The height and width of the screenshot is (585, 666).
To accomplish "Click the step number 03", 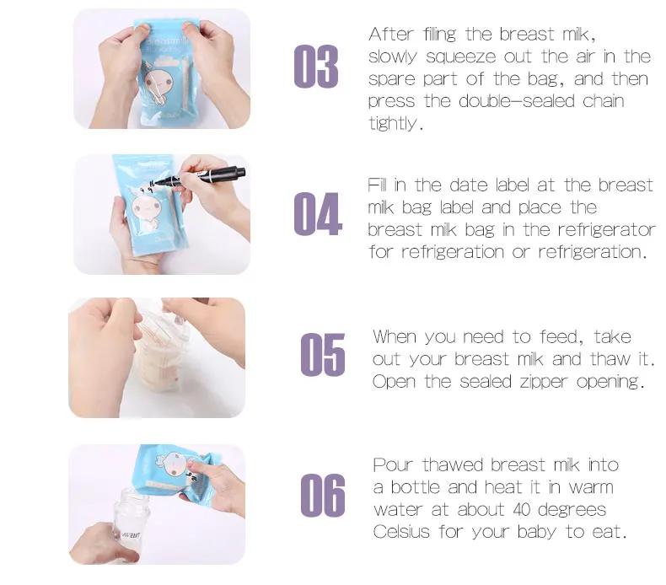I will (316, 67).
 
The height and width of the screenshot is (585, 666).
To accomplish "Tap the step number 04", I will (318, 214).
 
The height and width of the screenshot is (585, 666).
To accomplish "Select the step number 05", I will (323, 355).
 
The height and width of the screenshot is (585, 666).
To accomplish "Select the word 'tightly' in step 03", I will (393, 123).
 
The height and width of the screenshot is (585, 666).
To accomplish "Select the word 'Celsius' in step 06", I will (402, 532).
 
